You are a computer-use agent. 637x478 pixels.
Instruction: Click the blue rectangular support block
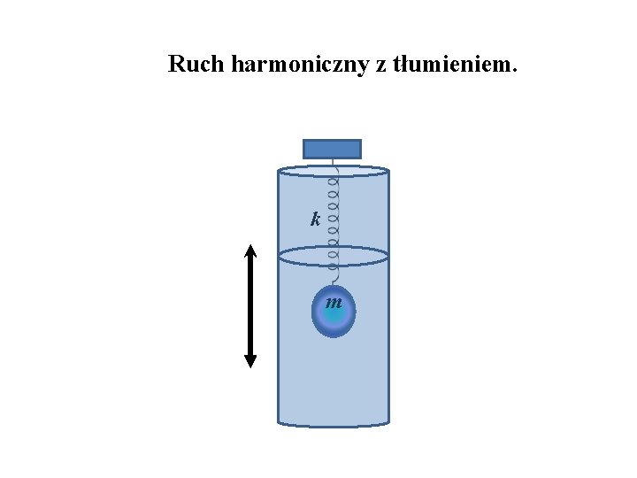tap(332, 149)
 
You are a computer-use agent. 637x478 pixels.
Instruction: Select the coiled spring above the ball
tap(333, 221)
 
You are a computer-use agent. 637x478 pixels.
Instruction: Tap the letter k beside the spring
tap(315, 219)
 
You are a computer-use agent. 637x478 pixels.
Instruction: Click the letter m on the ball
tap(334, 303)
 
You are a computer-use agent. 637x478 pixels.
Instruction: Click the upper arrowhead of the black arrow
tap(250, 250)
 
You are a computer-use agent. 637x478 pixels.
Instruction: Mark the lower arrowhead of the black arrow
tap(250, 361)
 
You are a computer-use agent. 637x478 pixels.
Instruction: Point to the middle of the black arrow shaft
tap(250, 305)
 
